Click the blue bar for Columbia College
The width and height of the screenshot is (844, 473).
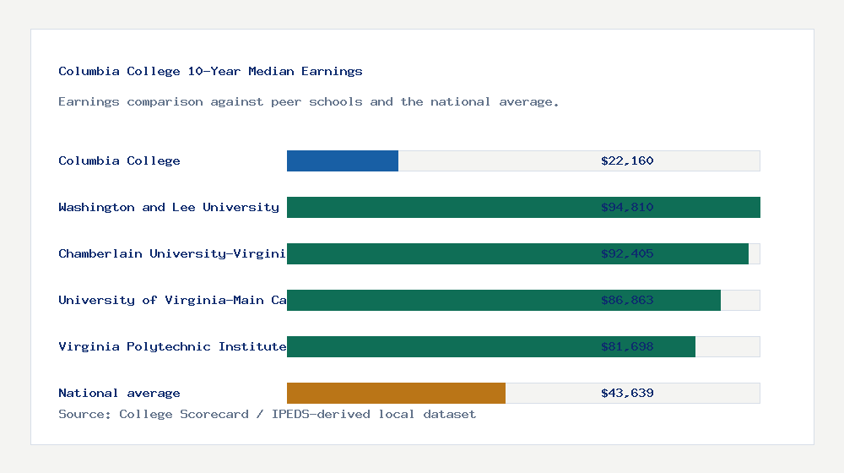pyautogui.click(x=343, y=160)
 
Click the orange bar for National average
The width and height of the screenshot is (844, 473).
pyautogui.click(x=396, y=393)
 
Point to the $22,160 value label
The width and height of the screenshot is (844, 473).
pyautogui.click(x=627, y=160)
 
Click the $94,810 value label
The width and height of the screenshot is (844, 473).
pyautogui.click(x=627, y=207)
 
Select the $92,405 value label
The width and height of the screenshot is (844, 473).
pyautogui.click(x=627, y=253)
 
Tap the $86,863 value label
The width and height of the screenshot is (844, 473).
pyautogui.click(x=627, y=300)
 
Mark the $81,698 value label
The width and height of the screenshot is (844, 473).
pyautogui.click(x=627, y=346)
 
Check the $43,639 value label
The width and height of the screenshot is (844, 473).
pyautogui.click(x=627, y=393)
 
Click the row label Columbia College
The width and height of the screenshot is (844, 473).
pyautogui.click(x=119, y=160)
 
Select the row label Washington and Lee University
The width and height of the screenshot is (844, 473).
pyautogui.click(x=169, y=207)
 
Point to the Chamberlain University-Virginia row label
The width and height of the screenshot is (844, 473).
pyautogui.click(x=172, y=253)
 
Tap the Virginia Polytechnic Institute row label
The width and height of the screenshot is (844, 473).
pyautogui.click(x=172, y=346)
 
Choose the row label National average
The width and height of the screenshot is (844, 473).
pyautogui.click(x=119, y=393)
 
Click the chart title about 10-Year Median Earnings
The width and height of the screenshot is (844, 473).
pyautogui.click(x=210, y=71)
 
